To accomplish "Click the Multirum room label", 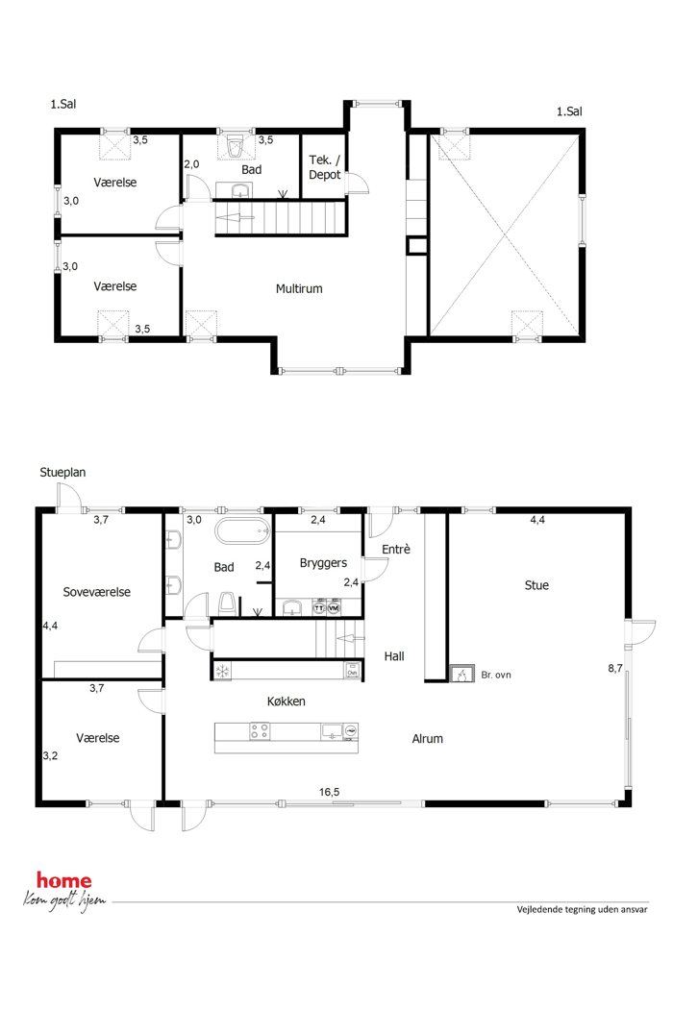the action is [x=299, y=289].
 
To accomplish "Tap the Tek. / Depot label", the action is [x=325, y=167].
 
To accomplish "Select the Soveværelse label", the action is [x=96, y=592].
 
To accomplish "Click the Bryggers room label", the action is [x=323, y=563].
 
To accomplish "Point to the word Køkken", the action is [x=286, y=701].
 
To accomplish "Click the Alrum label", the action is [x=428, y=739].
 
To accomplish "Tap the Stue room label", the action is [x=536, y=585].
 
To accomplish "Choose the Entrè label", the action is [x=396, y=549].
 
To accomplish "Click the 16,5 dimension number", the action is [x=329, y=792].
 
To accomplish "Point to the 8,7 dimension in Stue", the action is [x=615, y=668].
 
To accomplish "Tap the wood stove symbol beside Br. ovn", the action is [x=461, y=674].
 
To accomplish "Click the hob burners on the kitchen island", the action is [x=259, y=731].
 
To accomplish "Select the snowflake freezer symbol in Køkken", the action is [x=223, y=671].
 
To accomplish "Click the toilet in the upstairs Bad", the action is [x=235, y=145].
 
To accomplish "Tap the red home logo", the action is [x=63, y=880].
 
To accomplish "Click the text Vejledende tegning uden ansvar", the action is [x=583, y=909].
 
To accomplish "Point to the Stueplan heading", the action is [x=62, y=473].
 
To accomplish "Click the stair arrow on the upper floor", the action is [x=237, y=217].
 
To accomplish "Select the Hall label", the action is [x=394, y=656].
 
